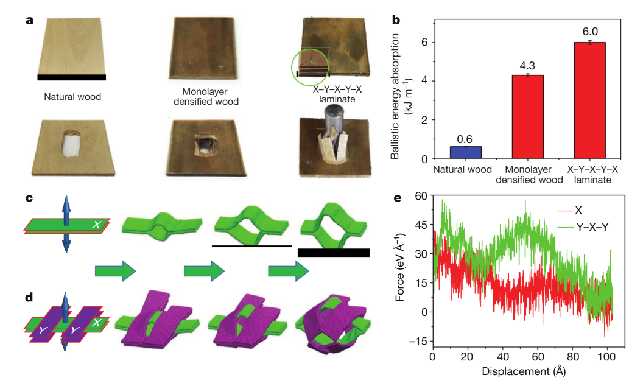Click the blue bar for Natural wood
pos(465,152)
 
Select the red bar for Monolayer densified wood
pos(528,117)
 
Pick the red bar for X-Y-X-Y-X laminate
pos(589,100)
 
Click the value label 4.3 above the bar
pos(527,66)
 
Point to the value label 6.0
pos(590,32)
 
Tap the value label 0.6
pos(465,139)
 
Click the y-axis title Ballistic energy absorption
pos(395,96)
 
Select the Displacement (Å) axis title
pos(524,371)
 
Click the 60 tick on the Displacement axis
pos(538,357)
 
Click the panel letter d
pos(29,297)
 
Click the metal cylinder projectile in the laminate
pos(335,118)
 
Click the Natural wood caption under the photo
pos(72,97)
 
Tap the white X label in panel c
pos(96,225)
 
